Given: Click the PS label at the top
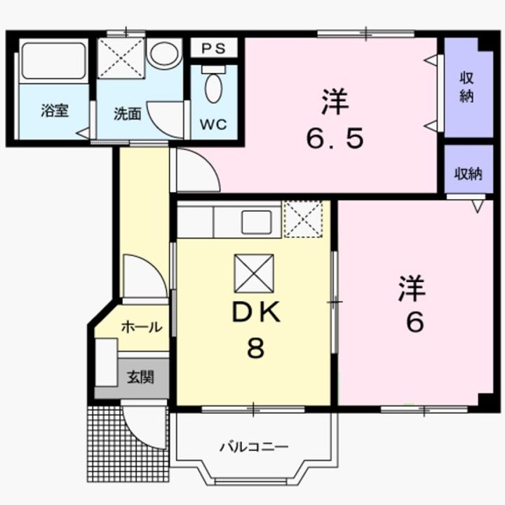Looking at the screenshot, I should point(215,48).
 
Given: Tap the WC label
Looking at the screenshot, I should point(213,124).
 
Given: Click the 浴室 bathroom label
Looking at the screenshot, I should point(54,110).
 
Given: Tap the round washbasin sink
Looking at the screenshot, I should point(164,53).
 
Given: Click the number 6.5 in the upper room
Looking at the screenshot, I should point(335,139).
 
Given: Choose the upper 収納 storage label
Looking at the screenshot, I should point(466,87).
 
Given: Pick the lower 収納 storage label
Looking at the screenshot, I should point(466,173).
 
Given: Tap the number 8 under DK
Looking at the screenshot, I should point(255,349).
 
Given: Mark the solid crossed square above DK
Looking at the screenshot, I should point(254,274).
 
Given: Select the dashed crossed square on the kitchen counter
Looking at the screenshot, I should point(304,219).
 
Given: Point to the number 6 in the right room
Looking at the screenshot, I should point(414,322).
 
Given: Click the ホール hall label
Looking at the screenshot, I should point(142,327).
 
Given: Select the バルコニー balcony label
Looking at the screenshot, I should point(254,447).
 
